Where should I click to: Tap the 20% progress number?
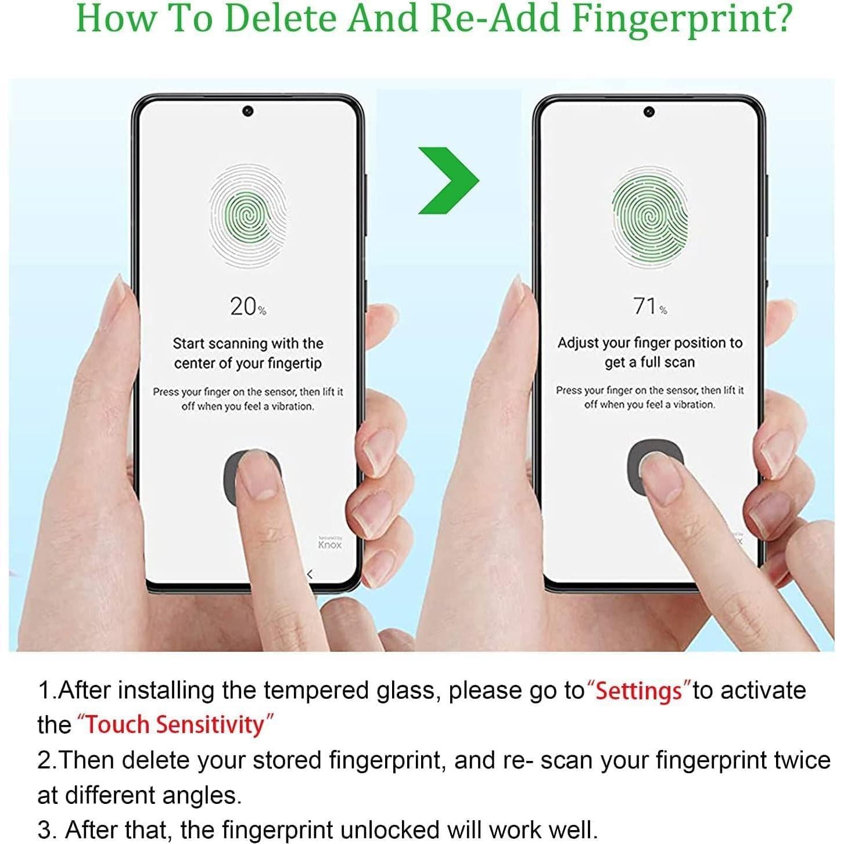(247, 306)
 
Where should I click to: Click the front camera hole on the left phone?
(247, 111)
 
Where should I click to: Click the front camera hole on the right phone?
(649, 112)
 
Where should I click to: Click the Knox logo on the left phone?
(329, 544)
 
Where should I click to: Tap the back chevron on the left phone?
(310, 574)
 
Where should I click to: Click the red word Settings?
(638, 691)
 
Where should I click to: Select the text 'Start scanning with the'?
(248, 343)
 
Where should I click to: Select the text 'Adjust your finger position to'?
(649, 343)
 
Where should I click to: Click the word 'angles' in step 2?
(200, 795)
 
